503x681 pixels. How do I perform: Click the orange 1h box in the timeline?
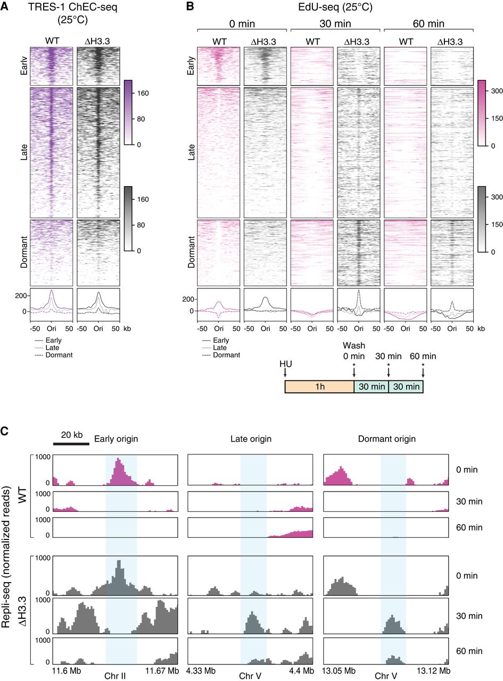pos(319,386)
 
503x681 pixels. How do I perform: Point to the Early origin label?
pos(116,439)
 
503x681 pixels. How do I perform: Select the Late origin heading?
pos(251,439)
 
